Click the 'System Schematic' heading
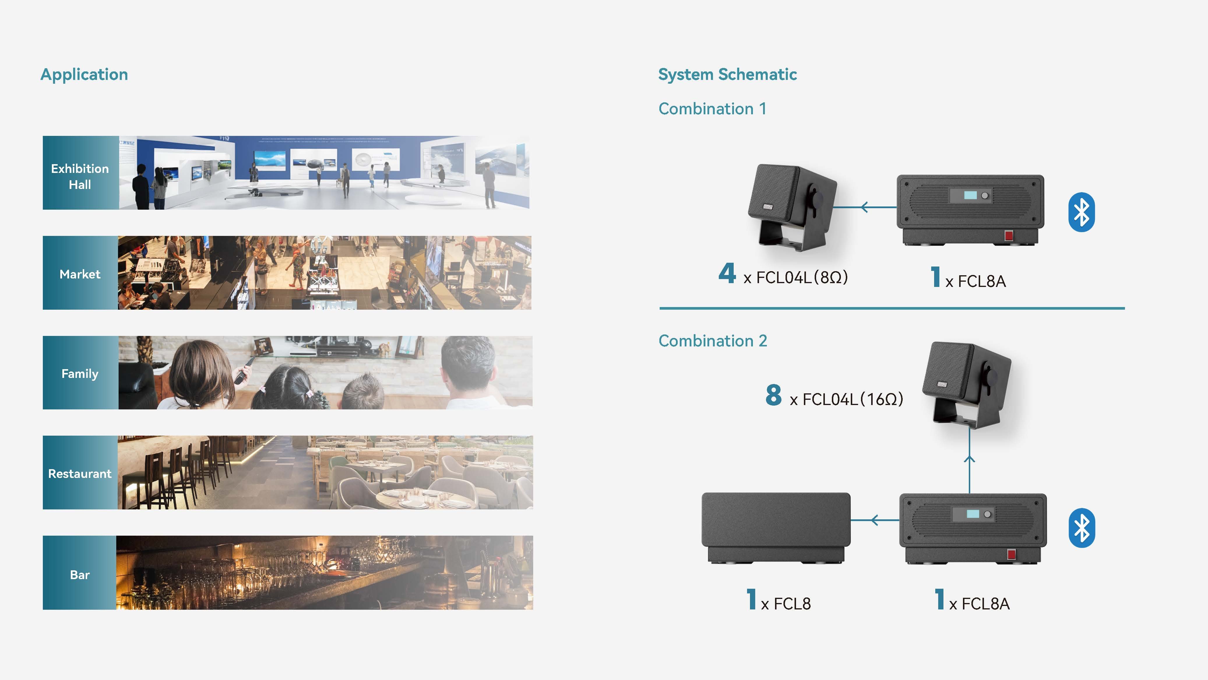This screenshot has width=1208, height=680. point(727,75)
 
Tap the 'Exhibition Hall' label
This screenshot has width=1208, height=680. point(80,176)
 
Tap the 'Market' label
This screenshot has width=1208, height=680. point(80,274)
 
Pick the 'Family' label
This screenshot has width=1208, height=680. point(80,374)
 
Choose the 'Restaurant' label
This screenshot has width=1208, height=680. point(80,474)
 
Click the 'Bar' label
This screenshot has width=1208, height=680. point(80,575)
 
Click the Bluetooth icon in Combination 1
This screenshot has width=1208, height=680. point(1081,212)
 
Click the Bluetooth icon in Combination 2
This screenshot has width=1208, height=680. point(1081,528)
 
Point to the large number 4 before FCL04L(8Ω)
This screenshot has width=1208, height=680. point(727,273)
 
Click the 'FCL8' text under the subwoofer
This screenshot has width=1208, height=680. point(792,604)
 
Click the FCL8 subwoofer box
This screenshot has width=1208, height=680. point(776,526)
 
